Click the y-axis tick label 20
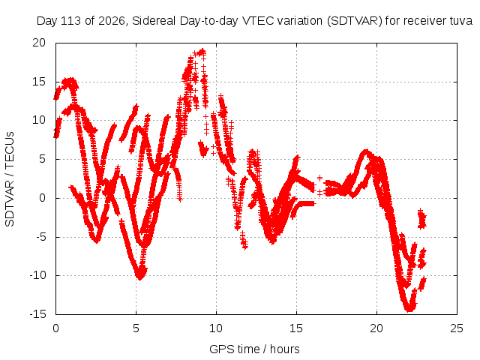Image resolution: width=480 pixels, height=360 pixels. [39, 43]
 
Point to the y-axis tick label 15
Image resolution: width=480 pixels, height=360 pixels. [39, 82]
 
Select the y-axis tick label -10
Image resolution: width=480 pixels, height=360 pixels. [37, 275]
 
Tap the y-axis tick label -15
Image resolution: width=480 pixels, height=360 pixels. [37, 314]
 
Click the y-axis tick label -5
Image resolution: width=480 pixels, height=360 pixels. [40, 237]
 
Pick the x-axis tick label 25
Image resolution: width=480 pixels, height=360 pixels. [457, 328]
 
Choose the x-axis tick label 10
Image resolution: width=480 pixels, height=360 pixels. [216, 328]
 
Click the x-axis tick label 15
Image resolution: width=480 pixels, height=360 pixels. [296, 328]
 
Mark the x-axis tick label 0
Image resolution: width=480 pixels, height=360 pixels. [55, 328]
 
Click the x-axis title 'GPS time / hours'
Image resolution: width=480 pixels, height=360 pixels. [254, 349]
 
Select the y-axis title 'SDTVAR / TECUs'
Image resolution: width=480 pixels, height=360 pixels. [10, 179]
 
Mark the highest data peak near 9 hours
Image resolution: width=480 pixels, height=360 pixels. [202, 51]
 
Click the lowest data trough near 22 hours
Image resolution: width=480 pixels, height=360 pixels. [409, 308]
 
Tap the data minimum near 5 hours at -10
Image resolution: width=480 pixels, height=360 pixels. [140, 277]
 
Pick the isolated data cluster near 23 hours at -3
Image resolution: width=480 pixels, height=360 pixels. [421, 218]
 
